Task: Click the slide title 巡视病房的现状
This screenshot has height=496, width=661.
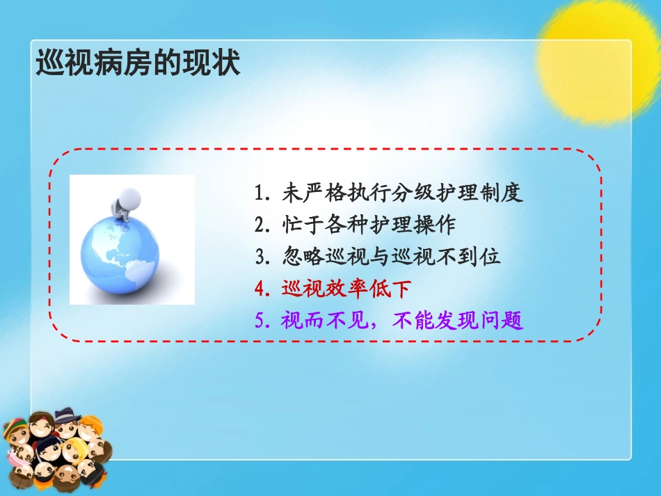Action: click(138, 63)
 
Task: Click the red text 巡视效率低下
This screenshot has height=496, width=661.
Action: click(347, 289)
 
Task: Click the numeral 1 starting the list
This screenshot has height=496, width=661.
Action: click(260, 193)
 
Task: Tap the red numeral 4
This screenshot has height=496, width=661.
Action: click(261, 289)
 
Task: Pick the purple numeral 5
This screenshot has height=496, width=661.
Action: click(261, 321)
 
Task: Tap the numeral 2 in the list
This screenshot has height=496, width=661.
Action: click(261, 225)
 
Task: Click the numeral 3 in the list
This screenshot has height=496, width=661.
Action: click(261, 257)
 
